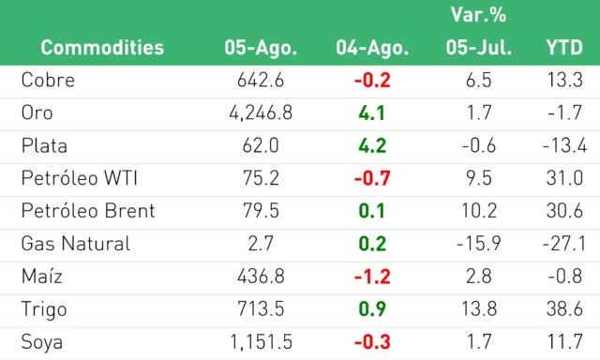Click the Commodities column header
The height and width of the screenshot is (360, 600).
point(102,48)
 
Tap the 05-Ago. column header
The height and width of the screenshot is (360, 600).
point(261,48)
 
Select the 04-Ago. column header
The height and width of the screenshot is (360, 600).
point(372,48)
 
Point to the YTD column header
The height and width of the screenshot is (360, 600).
point(564,48)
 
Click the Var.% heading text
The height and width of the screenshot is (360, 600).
point(478,15)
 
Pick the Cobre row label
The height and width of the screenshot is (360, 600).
point(48,80)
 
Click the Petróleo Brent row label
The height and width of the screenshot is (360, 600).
point(88,211)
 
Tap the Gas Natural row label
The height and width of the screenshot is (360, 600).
point(76,244)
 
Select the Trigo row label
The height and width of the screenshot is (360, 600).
point(44,309)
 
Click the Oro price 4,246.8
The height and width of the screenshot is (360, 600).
point(261,112)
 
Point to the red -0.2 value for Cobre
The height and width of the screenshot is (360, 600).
point(372,81)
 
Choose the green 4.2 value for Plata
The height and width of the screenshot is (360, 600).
point(372,145)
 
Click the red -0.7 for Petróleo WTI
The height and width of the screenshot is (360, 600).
point(372,178)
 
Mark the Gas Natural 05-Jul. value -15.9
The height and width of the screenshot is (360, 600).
point(479,244)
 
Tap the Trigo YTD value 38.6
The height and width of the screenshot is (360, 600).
point(564,309)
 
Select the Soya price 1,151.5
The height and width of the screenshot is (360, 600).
point(261,342)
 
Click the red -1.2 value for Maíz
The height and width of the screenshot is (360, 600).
point(372,277)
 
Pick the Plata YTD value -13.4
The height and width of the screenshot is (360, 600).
point(564,145)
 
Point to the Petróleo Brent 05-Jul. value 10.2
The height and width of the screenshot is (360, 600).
point(479,211)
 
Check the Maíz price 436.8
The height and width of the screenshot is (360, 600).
point(261,277)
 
